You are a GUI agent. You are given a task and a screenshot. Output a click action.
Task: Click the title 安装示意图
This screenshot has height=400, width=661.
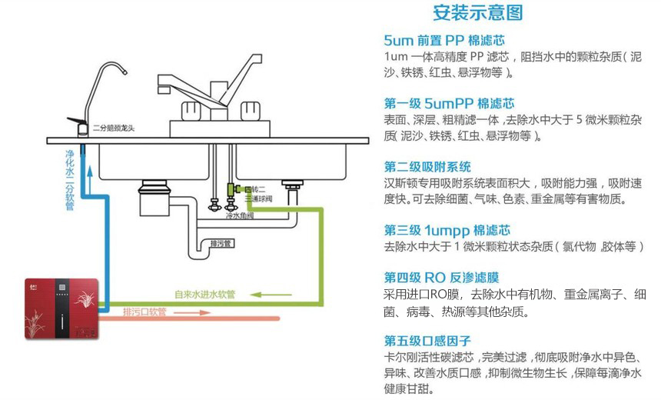coord(478,13)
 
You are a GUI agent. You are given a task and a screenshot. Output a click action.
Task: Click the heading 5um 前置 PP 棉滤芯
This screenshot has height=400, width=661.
coord(443,40)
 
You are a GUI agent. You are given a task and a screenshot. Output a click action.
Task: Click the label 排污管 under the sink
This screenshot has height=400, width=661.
coord(220,245)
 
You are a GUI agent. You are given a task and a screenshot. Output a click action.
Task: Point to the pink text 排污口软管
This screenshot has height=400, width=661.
coord(145,312)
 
